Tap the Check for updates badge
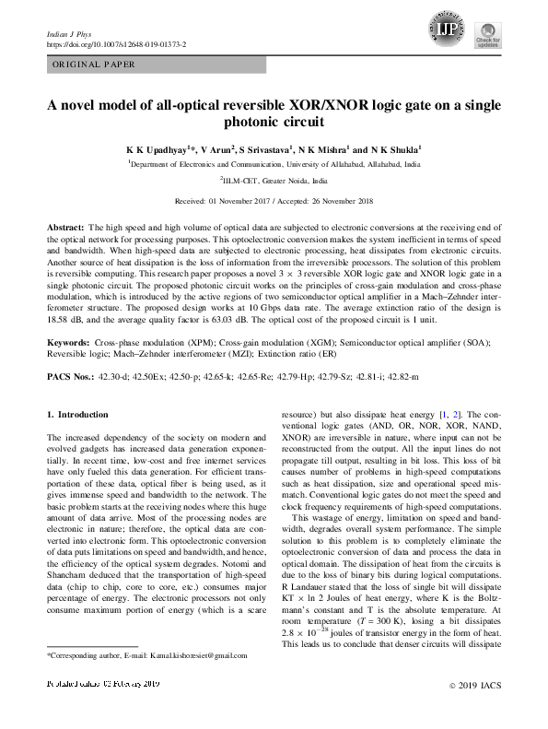click(x=487, y=35)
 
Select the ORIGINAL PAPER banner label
click(x=92, y=65)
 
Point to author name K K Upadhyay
click(x=157, y=147)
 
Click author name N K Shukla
click(x=395, y=147)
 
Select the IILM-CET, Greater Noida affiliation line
click(x=274, y=182)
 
